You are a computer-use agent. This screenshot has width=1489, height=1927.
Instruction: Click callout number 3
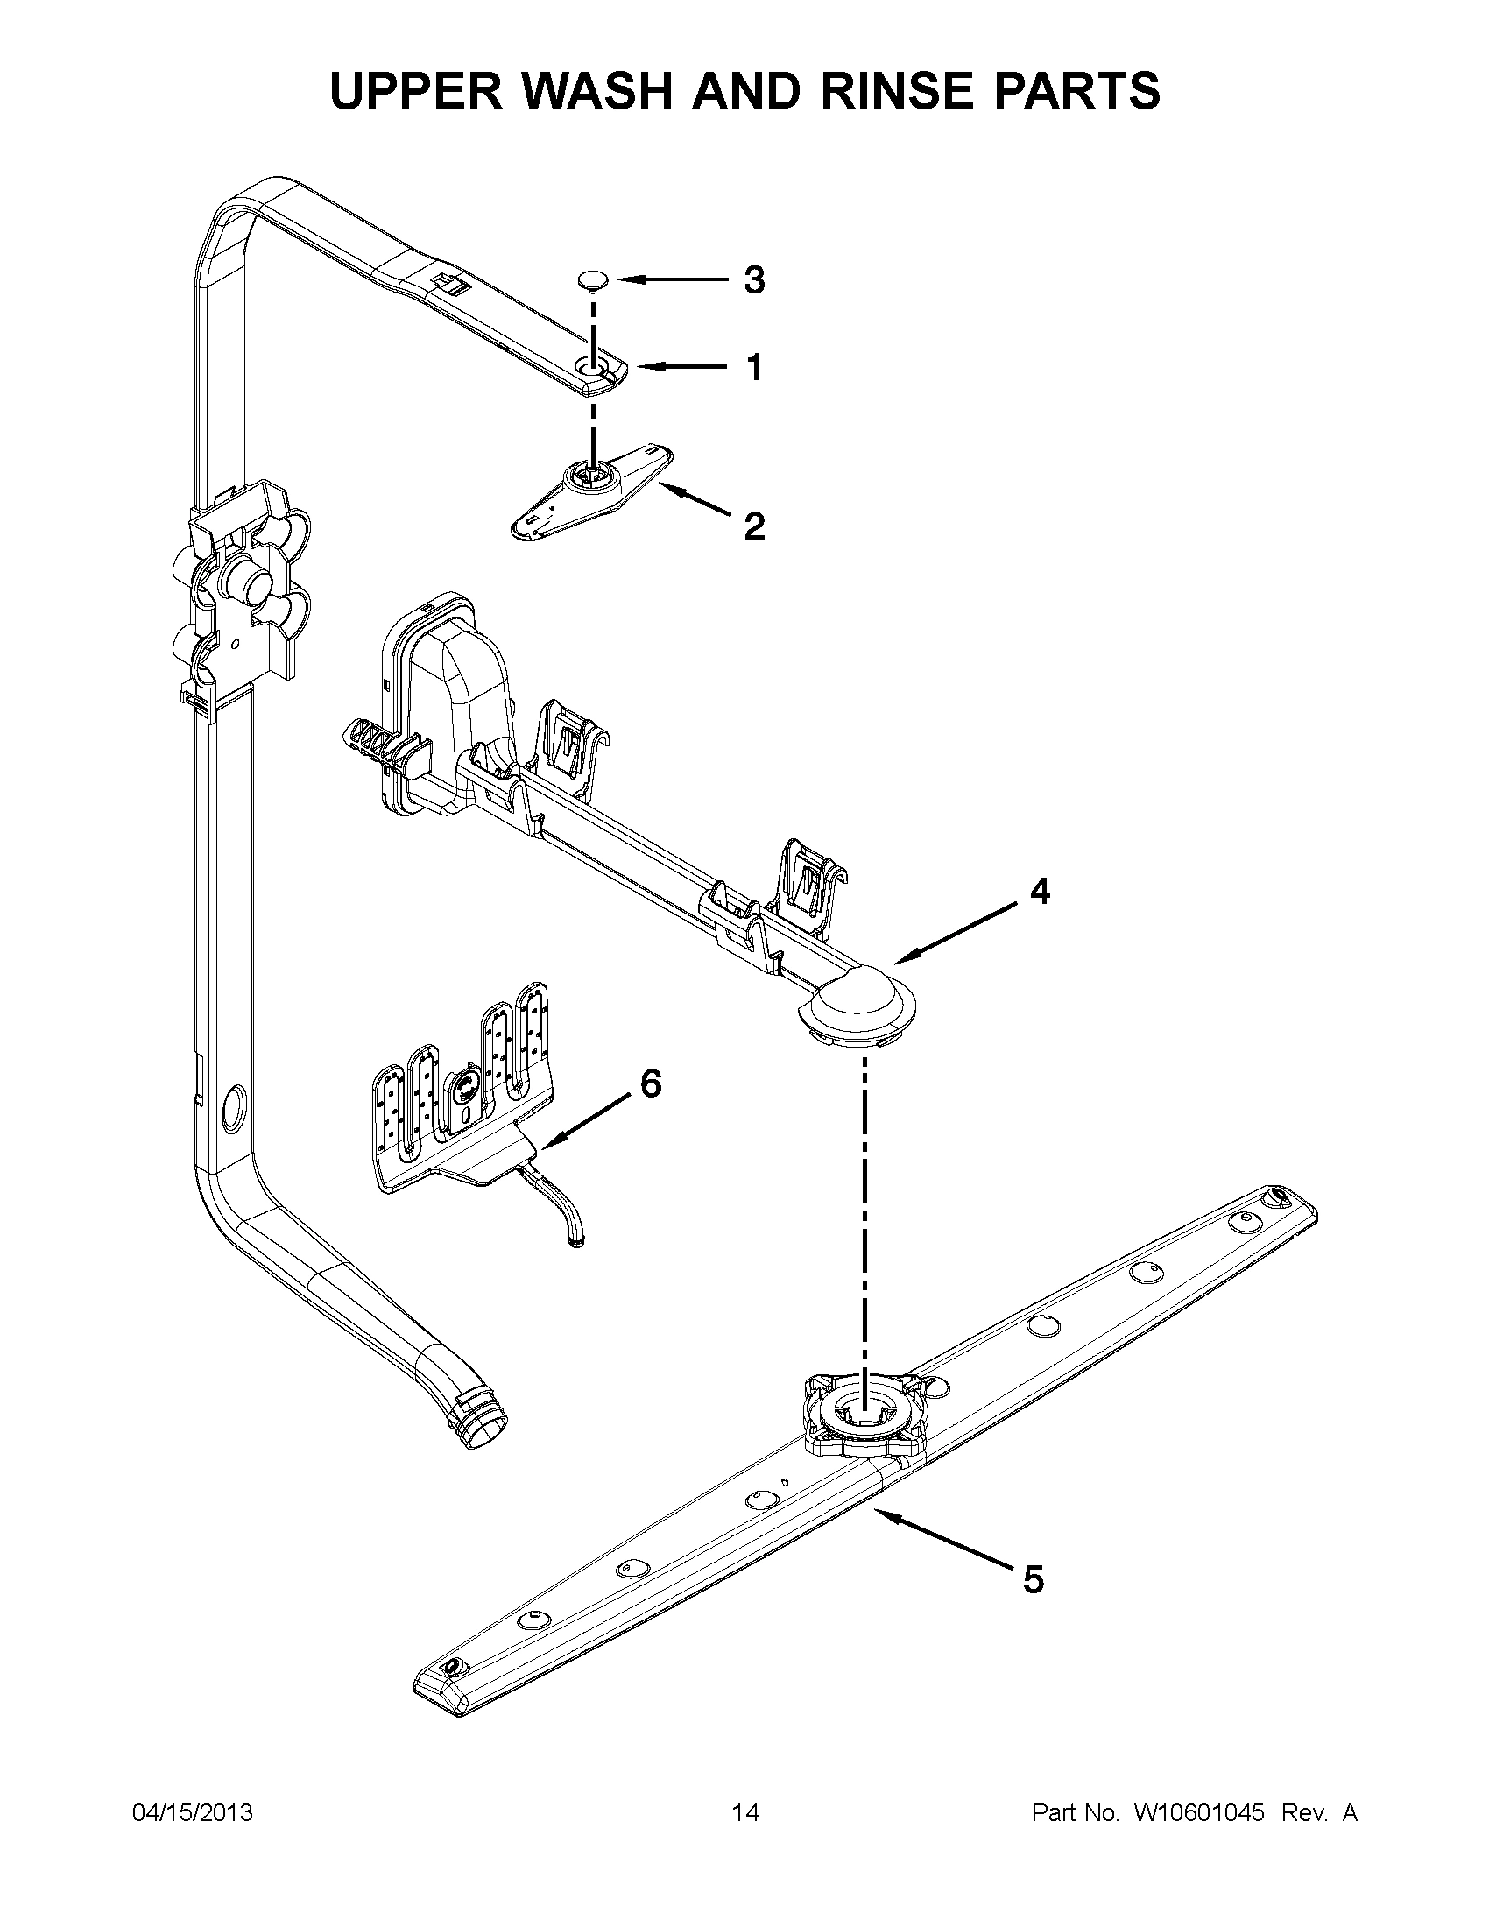tap(753, 280)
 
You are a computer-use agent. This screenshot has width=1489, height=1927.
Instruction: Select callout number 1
tap(754, 367)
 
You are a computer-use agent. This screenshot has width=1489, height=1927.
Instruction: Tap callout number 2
tap(754, 526)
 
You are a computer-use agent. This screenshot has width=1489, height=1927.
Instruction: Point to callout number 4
tap(1040, 892)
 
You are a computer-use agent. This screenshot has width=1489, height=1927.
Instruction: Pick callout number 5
tap(1033, 1579)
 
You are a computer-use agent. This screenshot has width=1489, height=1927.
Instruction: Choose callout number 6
tap(650, 1083)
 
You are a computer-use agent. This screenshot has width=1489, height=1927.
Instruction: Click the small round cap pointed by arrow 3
tap(593, 280)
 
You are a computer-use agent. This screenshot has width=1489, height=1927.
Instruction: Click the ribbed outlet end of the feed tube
tap(481, 1421)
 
